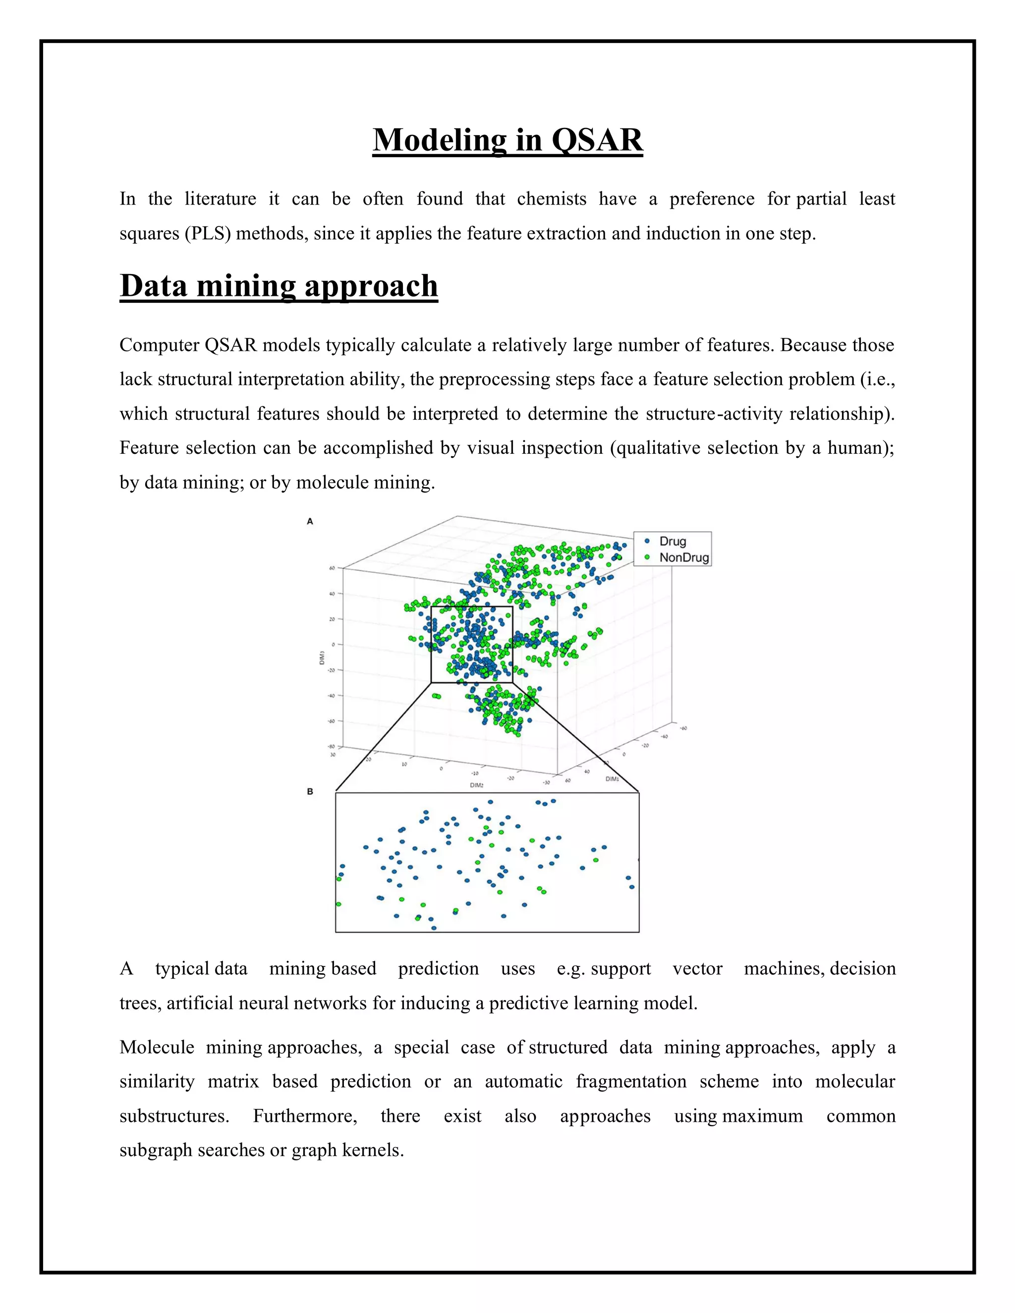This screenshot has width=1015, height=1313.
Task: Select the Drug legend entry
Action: click(672, 541)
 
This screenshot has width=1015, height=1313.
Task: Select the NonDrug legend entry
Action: click(683, 557)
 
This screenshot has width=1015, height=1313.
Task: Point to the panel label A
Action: click(310, 521)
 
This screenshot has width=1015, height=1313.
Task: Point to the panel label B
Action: click(310, 792)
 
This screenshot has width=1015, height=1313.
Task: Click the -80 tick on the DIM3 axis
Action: click(330, 747)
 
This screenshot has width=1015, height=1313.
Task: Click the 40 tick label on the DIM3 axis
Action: click(332, 594)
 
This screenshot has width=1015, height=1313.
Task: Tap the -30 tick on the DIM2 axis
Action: click(546, 782)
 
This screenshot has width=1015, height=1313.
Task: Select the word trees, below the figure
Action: click(140, 1003)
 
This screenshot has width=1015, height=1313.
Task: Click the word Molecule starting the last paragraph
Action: click(156, 1047)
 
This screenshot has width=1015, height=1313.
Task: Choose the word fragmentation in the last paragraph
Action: click(631, 1082)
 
